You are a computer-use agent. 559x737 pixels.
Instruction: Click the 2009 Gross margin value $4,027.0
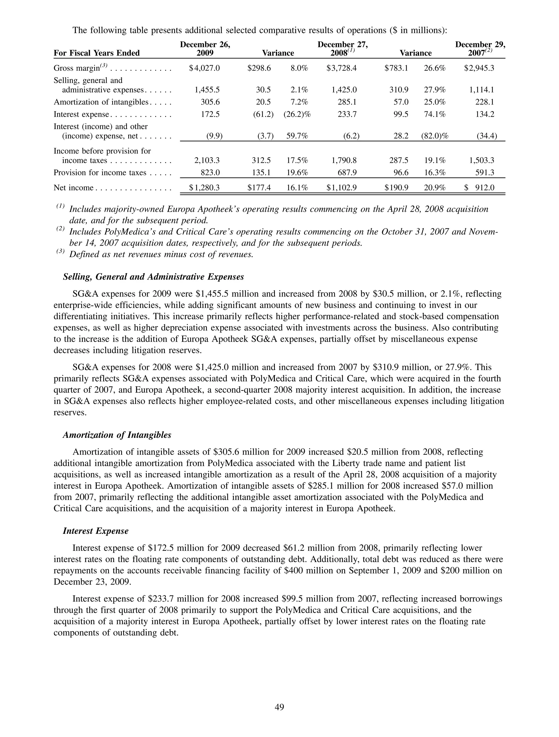(204, 68)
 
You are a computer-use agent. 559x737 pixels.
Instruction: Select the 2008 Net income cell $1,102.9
(341, 188)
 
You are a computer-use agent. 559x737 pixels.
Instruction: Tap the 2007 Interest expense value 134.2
(485, 114)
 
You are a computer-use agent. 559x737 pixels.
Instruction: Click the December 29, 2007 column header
(480, 49)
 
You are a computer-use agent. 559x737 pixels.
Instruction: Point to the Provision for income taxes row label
(100, 173)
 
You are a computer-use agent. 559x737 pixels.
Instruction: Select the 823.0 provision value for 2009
(210, 173)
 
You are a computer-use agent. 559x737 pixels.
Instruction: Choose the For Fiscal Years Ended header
(97, 53)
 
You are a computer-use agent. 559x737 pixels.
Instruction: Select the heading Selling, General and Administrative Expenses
(153, 277)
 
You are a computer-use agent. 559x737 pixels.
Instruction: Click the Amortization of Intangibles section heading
(117, 435)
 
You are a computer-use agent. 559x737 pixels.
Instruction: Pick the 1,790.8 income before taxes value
(344, 160)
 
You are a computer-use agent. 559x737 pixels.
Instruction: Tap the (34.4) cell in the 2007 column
(487, 136)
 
